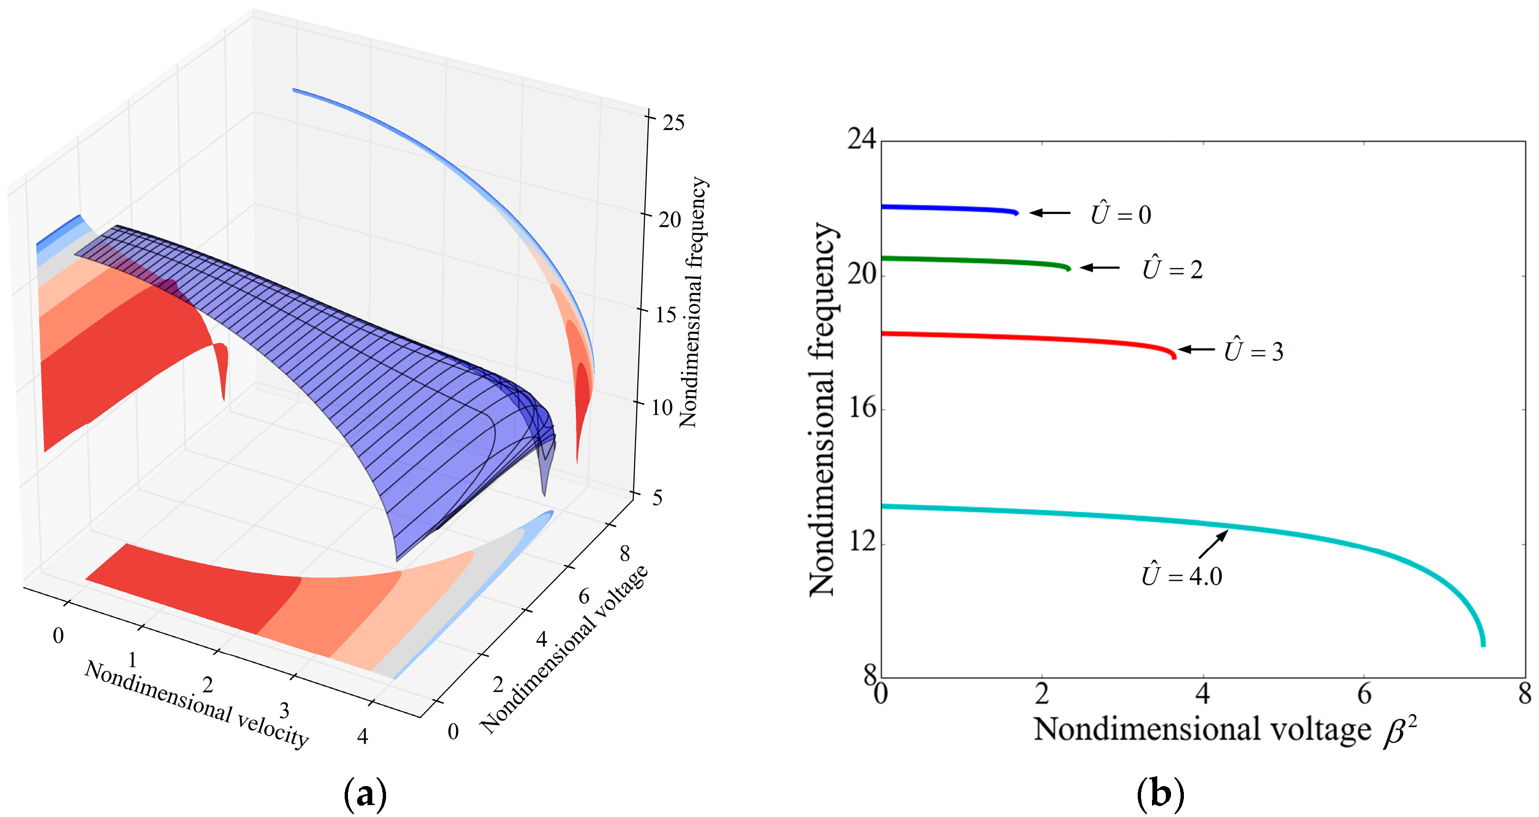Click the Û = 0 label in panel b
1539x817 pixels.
(x=1121, y=214)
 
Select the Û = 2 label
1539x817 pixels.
(x=1172, y=269)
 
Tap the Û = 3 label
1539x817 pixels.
(x=1253, y=351)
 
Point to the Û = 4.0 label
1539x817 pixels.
(x=1182, y=575)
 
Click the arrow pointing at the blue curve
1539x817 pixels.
(x=1050, y=213)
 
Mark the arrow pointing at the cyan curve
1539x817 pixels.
(x=1213, y=544)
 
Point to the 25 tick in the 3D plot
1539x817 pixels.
(x=673, y=122)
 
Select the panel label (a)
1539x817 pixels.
(x=365, y=794)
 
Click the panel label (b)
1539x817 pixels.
(x=1160, y=794)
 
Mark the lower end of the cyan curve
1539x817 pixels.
(x=1483, y=644)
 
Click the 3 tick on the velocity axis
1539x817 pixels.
(x=284, y=711)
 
